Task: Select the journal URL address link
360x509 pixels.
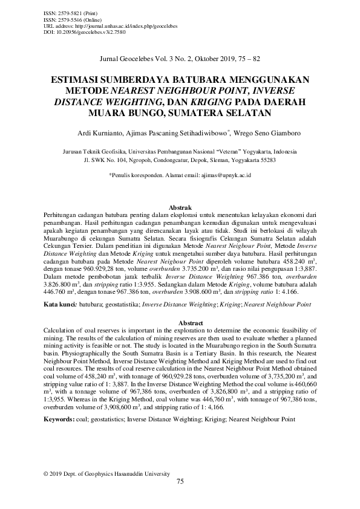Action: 103,27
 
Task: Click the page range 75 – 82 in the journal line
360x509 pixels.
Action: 249,59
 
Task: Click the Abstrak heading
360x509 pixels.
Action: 180,207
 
